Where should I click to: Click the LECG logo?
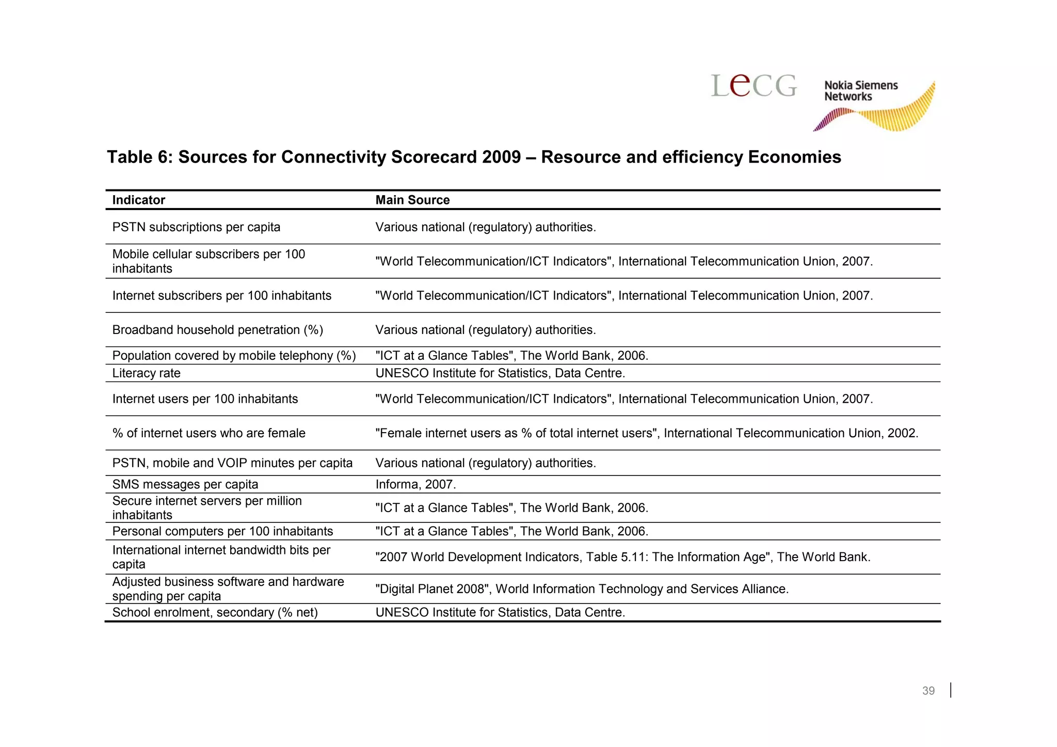[x=754, y=85]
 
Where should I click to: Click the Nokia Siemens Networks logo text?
[x=860, y=91]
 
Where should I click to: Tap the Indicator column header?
[x=138, y=200]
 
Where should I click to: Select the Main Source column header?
[x=412, y=200]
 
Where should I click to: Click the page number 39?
[x=928, y=691]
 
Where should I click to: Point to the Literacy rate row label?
[x=146, y=373]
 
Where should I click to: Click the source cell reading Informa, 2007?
[x=415, y=484]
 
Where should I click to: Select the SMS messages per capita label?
[x=185, y=484]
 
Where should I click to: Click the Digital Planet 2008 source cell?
[x=582, y=589]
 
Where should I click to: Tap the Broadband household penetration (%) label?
[x=217, y=330]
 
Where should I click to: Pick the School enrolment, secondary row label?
[x=215, y=612]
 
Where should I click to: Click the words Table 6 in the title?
[x=139, y=157]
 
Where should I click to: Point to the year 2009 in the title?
[x=501, y=157]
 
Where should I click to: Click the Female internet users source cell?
[x=646, y=433]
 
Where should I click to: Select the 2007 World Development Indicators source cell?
[x=622, y=557]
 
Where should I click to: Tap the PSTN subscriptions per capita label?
[x=196, y=227]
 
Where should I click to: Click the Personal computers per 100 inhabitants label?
[x=222, y=531]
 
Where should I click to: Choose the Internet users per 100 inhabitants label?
[x=205, y=399]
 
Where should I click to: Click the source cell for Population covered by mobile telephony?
[x=511, y=356]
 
